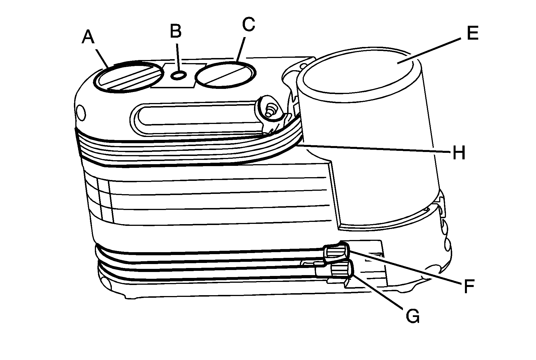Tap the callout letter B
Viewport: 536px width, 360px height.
click(x=176, y=31)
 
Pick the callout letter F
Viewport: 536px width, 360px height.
click(x=469, y=286)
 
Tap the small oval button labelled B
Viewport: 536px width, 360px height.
click(x=179, y=75)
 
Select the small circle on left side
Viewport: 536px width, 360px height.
click(x=81, y=112)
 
